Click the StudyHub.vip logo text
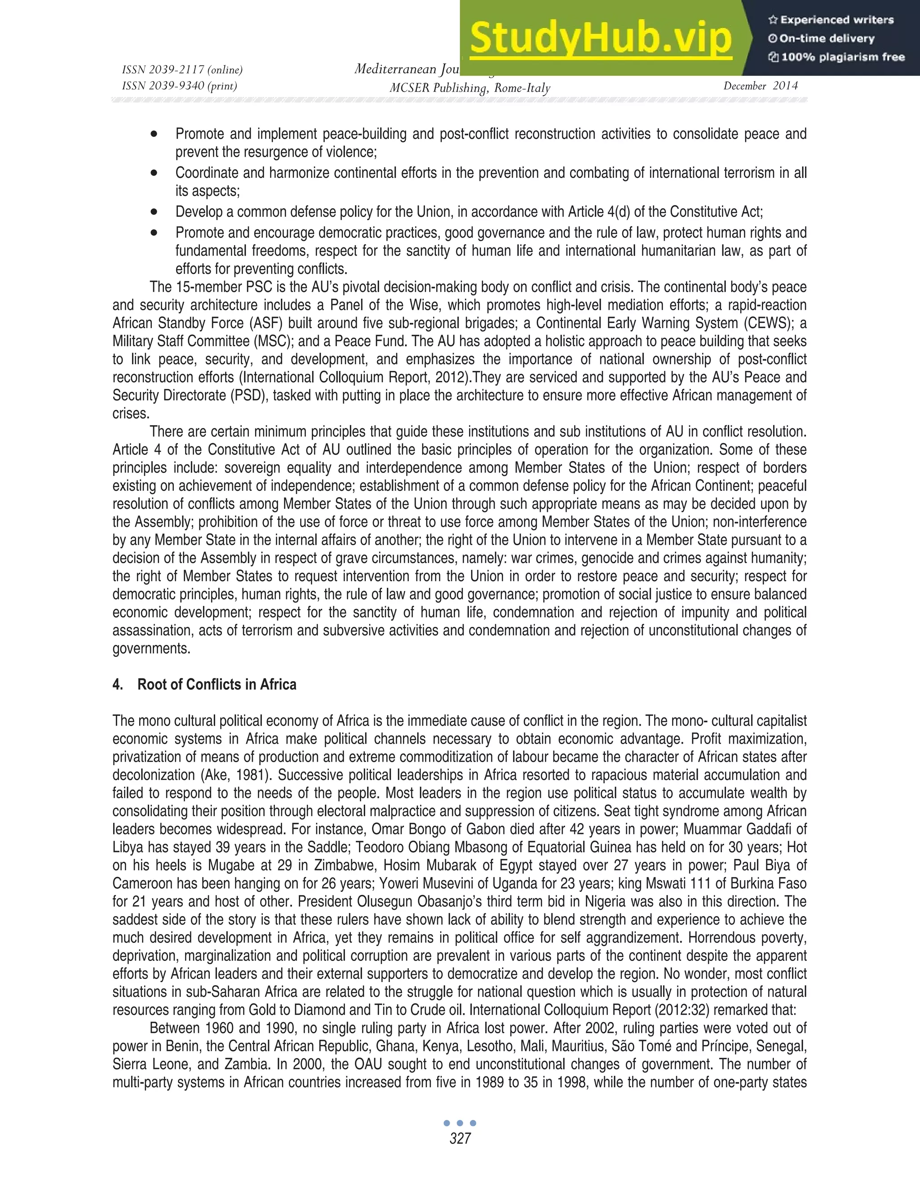pos(600,38)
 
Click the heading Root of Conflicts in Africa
pos(217,684)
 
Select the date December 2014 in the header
pos(761,85)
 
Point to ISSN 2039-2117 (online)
pos(182,70)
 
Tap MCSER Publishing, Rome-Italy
pos(469,88)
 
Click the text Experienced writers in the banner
pos(836,20)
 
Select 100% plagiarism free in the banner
pos(842,57)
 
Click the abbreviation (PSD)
pos(248,396)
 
